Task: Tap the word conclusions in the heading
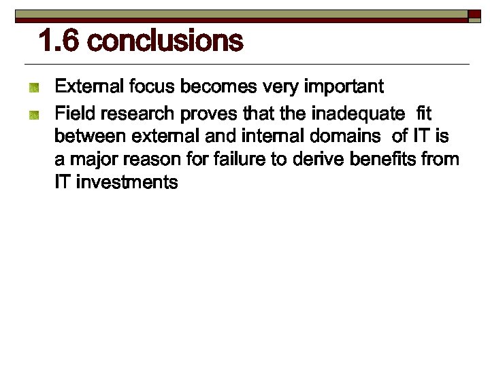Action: click(x=165, y=41)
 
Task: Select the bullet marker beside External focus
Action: click(x=33, y=88)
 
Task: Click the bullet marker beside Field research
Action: click(x=33, y=113)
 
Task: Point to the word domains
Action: click(x=344, y=136)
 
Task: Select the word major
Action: click(x=91, y=160)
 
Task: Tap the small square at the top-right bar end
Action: click(x=474, y=14)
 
